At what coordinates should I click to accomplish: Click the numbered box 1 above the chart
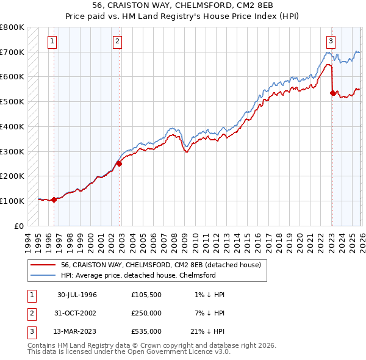(52, 41)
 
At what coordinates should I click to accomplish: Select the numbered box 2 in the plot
(117, 41)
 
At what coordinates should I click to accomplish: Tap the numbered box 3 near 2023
(330, 41)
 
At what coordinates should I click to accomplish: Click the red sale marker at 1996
(54, 200)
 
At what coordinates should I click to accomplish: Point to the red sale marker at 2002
(119, 164)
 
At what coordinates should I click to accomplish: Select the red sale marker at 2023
(332, 93)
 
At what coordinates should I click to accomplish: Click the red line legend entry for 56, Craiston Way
(161, 265)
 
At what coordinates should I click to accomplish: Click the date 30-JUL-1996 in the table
(77, 295)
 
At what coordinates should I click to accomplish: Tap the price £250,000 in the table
(146, 313)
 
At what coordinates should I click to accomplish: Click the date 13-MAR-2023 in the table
(77, 331)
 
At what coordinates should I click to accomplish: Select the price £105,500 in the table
(146, 295)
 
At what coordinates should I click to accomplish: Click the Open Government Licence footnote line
(129, 352)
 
